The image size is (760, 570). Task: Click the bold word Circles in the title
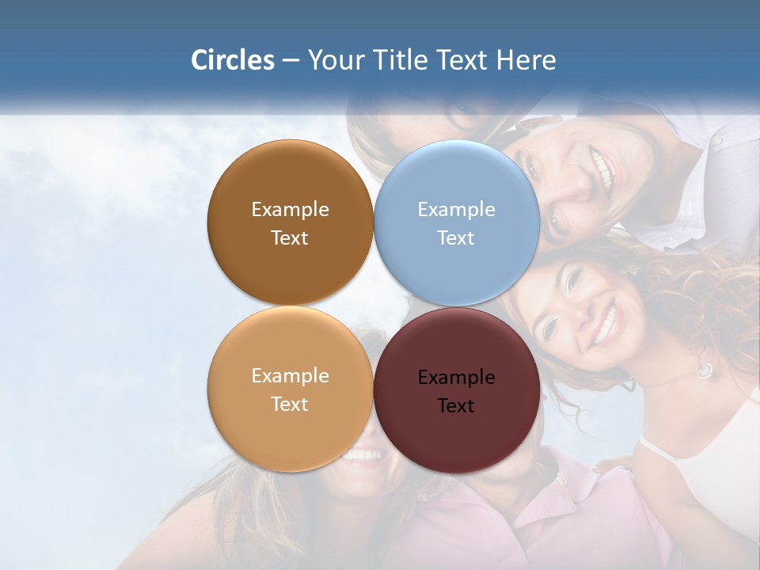(233, 60)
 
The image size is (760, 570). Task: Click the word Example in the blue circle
(456, 210)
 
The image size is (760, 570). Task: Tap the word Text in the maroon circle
(455, 406)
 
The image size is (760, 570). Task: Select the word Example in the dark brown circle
(290, 210)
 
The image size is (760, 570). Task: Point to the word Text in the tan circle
(290, 405)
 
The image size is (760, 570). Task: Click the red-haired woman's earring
(704, 369)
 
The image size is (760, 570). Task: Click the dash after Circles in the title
(290, 61)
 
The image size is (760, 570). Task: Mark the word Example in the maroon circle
(456, 378)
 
